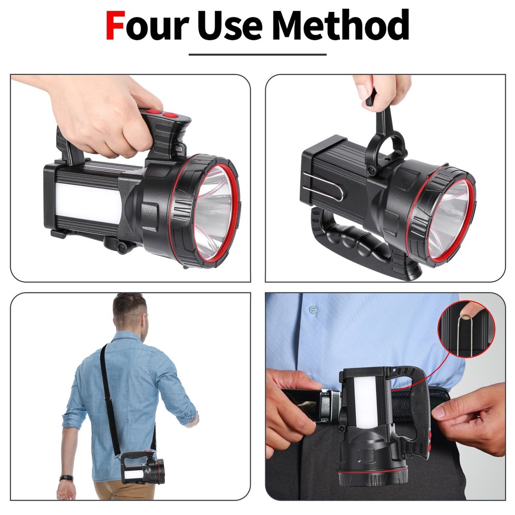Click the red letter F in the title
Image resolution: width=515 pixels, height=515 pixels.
click(x=115, y=26)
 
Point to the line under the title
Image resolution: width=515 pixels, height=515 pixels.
click(x=257, y=54)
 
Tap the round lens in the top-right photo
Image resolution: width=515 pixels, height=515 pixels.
click(x=448, y=219)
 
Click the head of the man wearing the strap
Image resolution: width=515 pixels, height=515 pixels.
click(x=129, y=312)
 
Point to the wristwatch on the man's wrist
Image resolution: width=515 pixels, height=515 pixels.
click(x=65, y=477)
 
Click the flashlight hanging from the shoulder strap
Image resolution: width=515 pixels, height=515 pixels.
click(x=143, y=469)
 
